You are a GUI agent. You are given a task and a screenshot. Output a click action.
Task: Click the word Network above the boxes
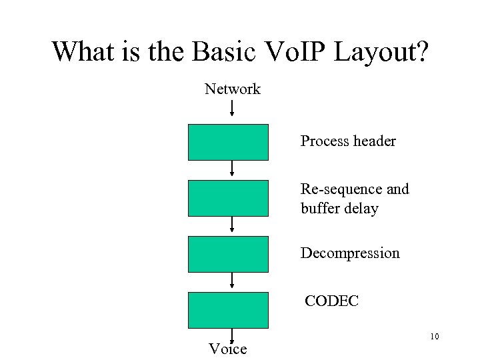(232, 89)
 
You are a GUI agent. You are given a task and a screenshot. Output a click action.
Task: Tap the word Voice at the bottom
(228, 349)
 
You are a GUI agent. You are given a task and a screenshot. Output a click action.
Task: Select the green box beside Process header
(228, 142)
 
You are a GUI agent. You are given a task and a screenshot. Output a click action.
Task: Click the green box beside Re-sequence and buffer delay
(228, 198)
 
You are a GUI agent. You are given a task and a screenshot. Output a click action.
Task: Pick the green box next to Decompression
(228, 254)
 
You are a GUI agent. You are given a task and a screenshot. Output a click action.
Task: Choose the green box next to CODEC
(228, 310)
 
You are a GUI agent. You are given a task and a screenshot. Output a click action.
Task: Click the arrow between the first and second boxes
(232, 169)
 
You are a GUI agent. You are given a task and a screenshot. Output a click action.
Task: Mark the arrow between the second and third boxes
(232, 225)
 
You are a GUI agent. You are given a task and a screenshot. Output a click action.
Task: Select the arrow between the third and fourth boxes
(232, 281)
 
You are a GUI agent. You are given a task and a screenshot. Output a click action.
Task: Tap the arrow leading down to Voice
(232, 335)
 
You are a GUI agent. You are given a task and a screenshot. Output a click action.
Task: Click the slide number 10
(435, 336)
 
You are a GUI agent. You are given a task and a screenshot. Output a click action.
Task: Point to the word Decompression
(350, 253)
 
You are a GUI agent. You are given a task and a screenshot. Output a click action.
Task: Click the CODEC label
(331, 301)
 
